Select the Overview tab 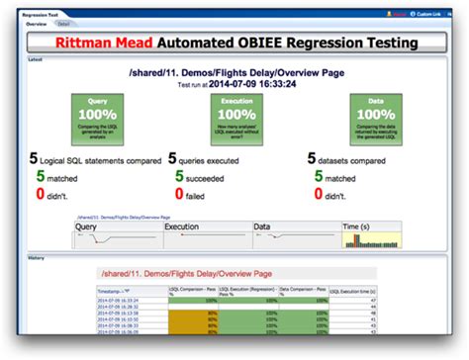38,23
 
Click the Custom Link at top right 427,14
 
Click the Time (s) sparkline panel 369,235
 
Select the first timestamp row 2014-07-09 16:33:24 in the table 119,300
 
